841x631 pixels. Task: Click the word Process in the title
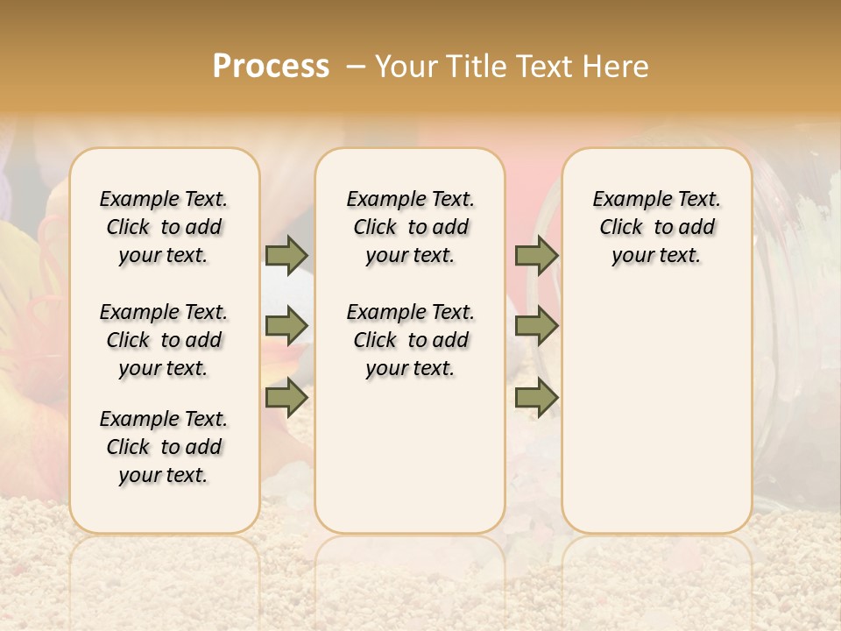coord(271,66)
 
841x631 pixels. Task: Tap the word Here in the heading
coord(617,66)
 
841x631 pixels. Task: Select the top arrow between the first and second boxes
coord(286,255)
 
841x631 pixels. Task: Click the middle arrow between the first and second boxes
coord(286,325)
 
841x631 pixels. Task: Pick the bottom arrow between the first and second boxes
coord(286,398)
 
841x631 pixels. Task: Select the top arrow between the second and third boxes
coord(536,255)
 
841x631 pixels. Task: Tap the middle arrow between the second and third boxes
coord(536,325)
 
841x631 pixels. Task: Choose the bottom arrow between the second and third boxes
coord(536,398)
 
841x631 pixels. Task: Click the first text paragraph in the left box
coord(164,227)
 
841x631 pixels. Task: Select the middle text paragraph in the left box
coord(164,340)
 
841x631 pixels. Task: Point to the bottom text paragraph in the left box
coord(164,447)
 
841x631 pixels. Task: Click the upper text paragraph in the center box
coord(410,227)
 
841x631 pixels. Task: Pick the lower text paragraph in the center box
coord(410,340)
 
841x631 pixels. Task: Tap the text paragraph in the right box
coord(656,227)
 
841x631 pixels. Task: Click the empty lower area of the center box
coord(410,456)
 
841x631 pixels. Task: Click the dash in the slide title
coord(356,66)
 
